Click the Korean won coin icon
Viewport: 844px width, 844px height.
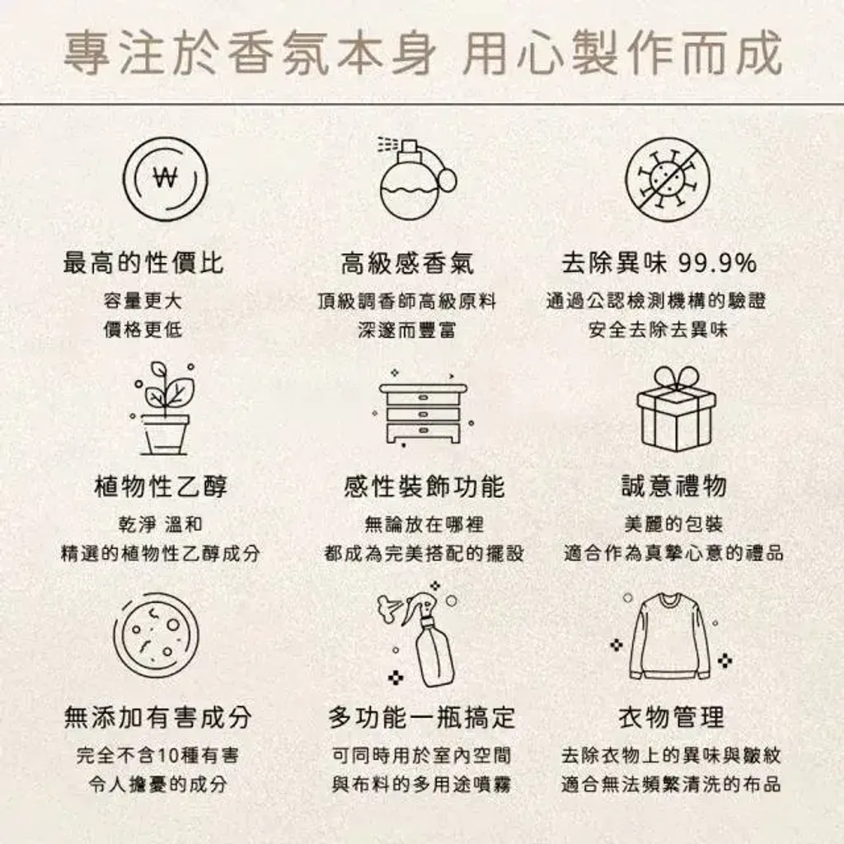pyautogui.click(x=166, y=179)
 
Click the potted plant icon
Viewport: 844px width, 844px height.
pyautogui.click(x=163, y=408)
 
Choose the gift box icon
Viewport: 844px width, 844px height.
pyautogui.click(x=676, y=408)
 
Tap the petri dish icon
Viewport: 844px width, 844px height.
pyautogui.click(x=156, y=635)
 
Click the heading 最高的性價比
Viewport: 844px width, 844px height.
pyautogui.click(x=143, y=263)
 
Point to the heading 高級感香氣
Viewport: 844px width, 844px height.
pyautogui.click(x=407, y=263)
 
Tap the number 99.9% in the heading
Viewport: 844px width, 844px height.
pyautogui.click(x=718, y=264)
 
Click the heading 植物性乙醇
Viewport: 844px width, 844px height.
pyautogui.click(x=161, y=486)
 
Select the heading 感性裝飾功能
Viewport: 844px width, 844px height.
pyautogui.click(x=424, y=486)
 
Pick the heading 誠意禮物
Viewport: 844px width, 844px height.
pyautogui.click(x=674, y=486)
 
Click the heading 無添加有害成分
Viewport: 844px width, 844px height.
pyautogui.click(x=157, y=717)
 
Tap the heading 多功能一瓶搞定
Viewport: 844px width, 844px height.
pyautogui.click(x=422, y=717)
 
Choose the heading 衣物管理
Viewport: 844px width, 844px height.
pyautogui.click(x=671, y=717)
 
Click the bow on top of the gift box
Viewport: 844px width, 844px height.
pyautogui.click(x=677, y=377)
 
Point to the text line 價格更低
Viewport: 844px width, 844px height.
pyautogui.click(x=143, y=330)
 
